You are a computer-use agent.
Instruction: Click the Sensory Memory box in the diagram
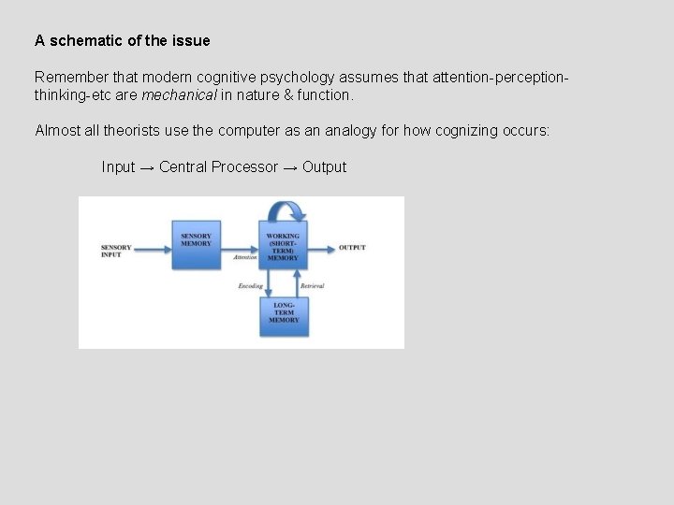click(x=197, y=244)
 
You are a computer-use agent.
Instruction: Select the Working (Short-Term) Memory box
click(x=283, y=246)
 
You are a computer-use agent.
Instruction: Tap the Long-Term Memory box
click(x=284, y=315)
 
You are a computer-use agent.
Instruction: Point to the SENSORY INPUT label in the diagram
click(x=116, y=251)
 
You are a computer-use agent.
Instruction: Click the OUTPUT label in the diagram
click(x=352, y=248)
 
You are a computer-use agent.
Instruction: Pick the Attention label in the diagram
click(x=245, y=257)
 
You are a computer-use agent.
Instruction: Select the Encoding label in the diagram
click(x=250, y=286)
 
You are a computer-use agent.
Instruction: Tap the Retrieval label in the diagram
click(x=312, y=286)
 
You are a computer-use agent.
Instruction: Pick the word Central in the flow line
click(x=183, y=166)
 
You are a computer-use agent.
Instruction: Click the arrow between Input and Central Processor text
click(x=147, y=167)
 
